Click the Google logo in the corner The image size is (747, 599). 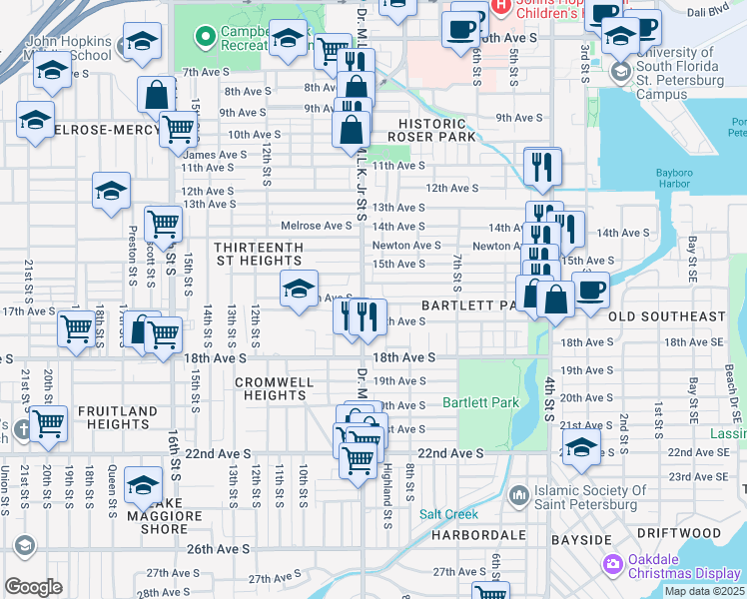pyautogui.click(x=33, y=587)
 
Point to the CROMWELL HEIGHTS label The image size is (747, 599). pyautogui.click(x=274, y=388)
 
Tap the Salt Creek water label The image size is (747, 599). pyautogui.click(x=449, y=514)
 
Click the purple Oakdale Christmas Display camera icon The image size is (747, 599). pyautogui.click(x=612, y=565)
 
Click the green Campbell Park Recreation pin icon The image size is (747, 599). pyautogui.click(x=206, y=38)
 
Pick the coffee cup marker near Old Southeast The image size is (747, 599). pyautogui.click(x=591, y=291)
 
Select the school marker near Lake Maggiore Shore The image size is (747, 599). pyautogui.click(x=144, y=484)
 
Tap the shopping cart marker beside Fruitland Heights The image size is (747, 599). pyautogui.click(x=48, y=423)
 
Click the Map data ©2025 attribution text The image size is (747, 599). pyautogui.click(x=704, y=591)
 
